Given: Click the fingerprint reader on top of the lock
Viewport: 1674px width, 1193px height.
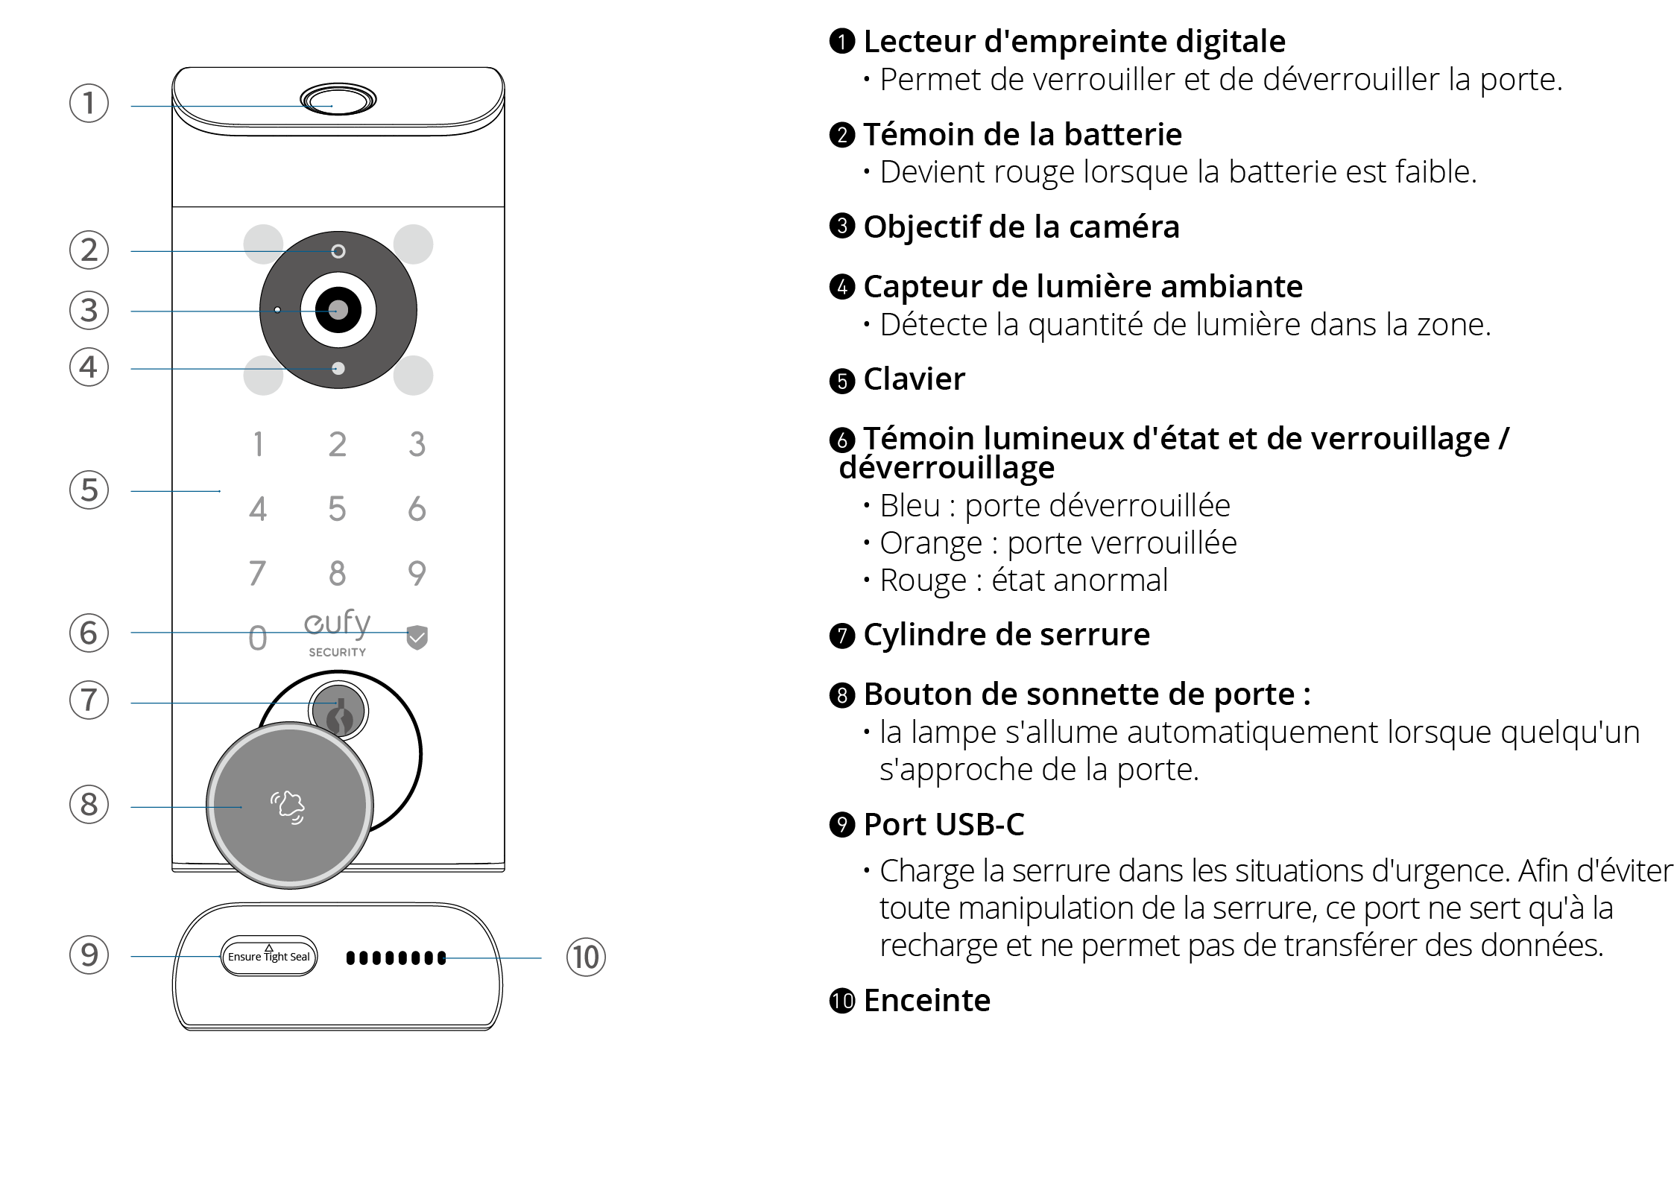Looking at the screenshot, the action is point(338,99).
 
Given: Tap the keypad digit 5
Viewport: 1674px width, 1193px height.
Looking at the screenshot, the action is point(337,509).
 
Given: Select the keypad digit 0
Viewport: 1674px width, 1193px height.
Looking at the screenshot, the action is point(257,638).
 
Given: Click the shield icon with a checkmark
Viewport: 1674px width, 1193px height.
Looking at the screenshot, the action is point(417,638).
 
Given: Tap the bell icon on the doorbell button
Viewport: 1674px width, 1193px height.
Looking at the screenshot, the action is point(288,807).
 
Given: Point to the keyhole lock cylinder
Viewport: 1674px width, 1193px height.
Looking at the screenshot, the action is point(339,711).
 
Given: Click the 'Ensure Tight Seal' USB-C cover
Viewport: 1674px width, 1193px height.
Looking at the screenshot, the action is point(269,956).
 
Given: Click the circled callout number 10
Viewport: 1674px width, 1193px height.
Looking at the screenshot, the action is point(586,958).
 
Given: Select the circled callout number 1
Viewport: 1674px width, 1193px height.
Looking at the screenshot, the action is point(89,103).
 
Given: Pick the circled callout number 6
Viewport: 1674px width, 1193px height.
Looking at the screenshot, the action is point(89,633).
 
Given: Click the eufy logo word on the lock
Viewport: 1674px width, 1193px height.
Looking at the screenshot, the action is point(337,623).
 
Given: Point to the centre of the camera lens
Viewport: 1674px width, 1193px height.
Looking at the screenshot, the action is point(338,310).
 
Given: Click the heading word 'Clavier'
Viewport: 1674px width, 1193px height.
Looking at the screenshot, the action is point(914,379).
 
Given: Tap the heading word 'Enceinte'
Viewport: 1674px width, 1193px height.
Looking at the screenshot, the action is point(927,1001).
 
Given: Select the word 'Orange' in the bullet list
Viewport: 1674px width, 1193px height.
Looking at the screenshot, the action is point(931,543).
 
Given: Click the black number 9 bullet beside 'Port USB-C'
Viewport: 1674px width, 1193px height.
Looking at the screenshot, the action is point(842,825).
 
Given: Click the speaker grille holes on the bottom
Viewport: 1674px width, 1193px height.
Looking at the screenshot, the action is point(396,958).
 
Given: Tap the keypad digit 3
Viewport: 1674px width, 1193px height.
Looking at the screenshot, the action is point(417,444).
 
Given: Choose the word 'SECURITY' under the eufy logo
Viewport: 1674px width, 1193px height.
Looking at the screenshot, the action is point(337,652).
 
